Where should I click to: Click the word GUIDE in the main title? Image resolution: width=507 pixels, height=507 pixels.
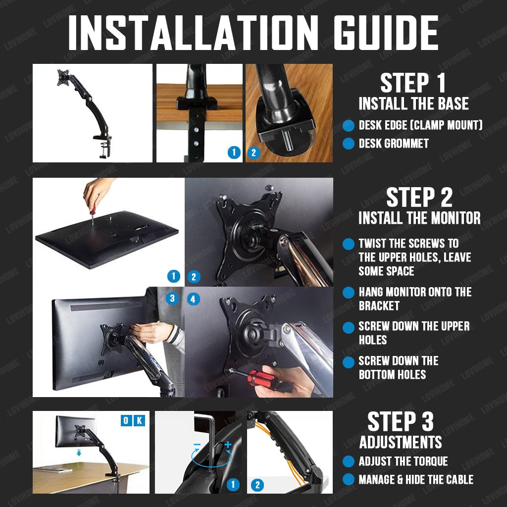click(x=386, y=33)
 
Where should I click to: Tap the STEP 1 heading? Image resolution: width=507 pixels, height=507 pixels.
click(x=413, y=83)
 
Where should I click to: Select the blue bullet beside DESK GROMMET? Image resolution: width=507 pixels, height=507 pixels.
click(x=349, y=143)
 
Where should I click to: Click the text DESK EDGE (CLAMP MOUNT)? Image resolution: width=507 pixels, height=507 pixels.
click(x=420, y=125)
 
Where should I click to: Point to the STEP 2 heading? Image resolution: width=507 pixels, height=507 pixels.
click(x=419, y=197)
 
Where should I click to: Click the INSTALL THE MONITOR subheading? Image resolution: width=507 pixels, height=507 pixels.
click(x=419, y=218)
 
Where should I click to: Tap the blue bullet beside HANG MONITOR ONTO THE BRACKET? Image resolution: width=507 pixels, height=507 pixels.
click(x=349, y=293)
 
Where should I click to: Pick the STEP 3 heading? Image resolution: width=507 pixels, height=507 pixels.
click(x=401, y=421)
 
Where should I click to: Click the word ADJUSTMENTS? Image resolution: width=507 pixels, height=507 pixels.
click(x=401, y=442)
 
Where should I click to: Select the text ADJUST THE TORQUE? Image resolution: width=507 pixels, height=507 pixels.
click(x=403, y=461)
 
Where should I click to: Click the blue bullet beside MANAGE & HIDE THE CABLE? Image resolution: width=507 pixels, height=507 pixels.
click(x=349, y=479)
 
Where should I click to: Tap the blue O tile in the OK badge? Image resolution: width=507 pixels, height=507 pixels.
click(x=126, y=420)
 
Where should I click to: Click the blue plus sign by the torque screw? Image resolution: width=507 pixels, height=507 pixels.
click(x=228, y=444)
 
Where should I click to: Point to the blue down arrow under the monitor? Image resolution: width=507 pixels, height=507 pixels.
click(x=79, y=454)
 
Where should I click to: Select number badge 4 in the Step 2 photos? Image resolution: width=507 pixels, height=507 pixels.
click(x=194, y=299)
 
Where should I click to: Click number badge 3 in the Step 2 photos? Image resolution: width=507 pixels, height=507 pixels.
click(x=172, y=298)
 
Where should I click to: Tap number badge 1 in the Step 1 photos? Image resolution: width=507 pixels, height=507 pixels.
click(x=234, y=152)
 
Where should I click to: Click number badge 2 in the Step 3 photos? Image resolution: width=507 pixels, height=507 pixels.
click(x=257, y=485)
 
